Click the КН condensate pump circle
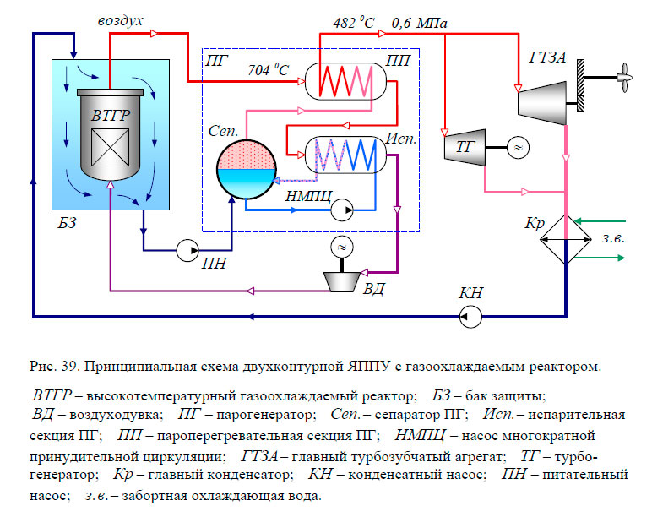tap(470, 316)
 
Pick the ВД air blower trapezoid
tap(342, 278)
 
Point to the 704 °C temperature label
tap(268, 72)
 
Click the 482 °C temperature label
tap(350, 23)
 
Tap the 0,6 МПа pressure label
tap(421, 23)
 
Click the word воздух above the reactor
tap(121, 18)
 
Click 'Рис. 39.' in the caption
tap(54, 366)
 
